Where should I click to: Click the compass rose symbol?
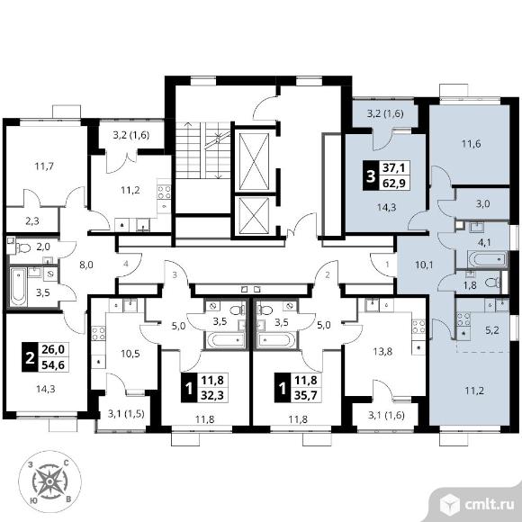point(49,481)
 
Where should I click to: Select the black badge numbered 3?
point(371,175)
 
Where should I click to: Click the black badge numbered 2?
point(30,356)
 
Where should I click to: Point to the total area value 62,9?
point(394,183)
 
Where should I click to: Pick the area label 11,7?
point(44,166)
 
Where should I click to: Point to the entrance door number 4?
point(125,265)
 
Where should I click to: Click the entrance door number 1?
point(387,265)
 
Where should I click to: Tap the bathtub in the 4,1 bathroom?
point(488,258)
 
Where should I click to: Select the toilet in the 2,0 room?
point(23,247)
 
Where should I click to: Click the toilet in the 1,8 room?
point(493,283)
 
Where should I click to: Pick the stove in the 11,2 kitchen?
point(164,193)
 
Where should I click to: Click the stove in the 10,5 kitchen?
point(98,334)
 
